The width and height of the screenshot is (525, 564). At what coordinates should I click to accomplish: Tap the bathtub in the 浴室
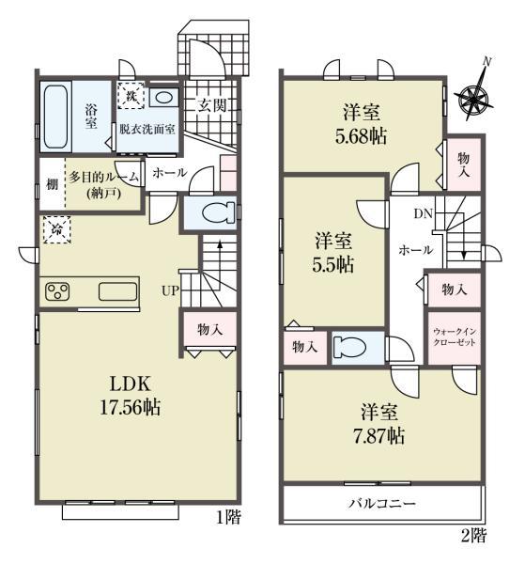[x=56, y=117]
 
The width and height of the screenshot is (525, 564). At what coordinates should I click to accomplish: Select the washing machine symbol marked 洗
[x=131, y=96]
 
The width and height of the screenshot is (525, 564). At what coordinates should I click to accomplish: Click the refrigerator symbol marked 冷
[x=56, y=230]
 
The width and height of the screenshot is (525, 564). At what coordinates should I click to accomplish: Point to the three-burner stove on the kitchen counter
[x=57, y=291]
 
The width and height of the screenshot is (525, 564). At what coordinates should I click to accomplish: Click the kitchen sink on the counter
[x=117, y=291]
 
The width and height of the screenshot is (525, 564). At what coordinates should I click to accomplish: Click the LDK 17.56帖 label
[x=131, y=396]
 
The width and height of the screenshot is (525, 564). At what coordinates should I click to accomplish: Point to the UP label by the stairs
[x=170, y=290]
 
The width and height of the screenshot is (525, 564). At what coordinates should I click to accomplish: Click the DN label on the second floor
[x=423, y=213]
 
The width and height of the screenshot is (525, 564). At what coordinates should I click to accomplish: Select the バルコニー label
[x=382, y=503]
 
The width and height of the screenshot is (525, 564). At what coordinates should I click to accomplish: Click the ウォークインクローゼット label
[x=455, y=337]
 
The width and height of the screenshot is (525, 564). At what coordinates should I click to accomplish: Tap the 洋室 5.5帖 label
[x=333, y=253]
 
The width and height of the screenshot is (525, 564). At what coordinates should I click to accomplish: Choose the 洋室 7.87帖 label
[x=378, y=424]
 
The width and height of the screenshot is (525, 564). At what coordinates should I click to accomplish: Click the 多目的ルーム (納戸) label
[x=103, y=185]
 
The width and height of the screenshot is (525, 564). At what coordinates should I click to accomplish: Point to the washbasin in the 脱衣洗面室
[x=163, y=98]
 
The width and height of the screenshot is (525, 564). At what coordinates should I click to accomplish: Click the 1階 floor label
[x=228, y=517]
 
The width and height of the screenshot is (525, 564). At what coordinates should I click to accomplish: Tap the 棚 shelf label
[x=52, y=184]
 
